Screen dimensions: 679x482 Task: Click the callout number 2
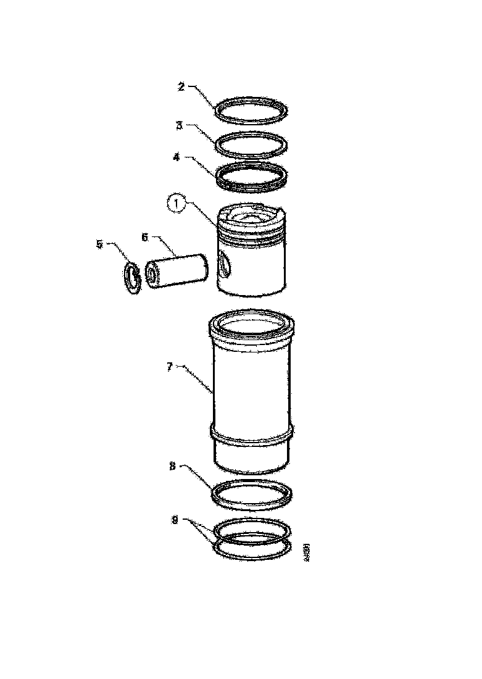tap(181, 86)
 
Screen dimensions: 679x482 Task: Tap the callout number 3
tap(179, 125)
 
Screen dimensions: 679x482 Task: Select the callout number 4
tap(177, 157)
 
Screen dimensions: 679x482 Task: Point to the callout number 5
tap(100, 244)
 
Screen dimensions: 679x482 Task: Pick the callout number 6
tap(145, 236)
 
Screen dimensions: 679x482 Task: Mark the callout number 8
tap(173, 467)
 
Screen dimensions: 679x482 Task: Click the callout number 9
tap(175, 521)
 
